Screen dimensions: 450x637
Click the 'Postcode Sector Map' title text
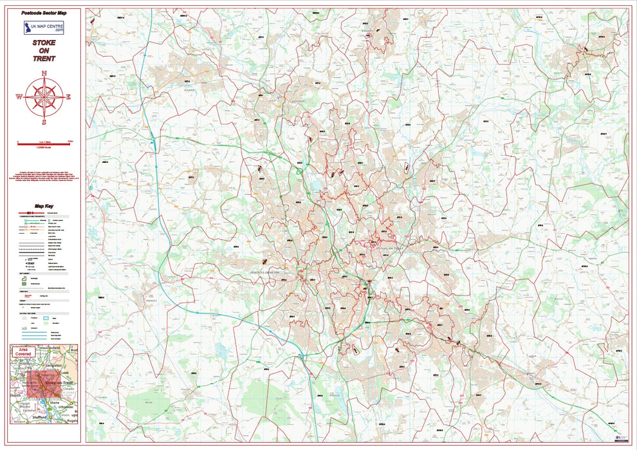[44, 13]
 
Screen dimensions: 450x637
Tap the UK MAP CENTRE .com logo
[44, 27]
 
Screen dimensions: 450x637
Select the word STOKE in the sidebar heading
[44, 42]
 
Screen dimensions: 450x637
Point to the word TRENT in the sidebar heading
[44, 59]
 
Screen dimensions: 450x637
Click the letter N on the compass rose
[44, 73]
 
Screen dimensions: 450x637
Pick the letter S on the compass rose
[44, 121]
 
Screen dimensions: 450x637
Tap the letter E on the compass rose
[68, 97]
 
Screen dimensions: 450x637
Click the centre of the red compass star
[44, 97]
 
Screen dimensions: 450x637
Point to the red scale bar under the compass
[44, 144]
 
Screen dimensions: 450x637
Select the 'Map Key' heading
[44, 206]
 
